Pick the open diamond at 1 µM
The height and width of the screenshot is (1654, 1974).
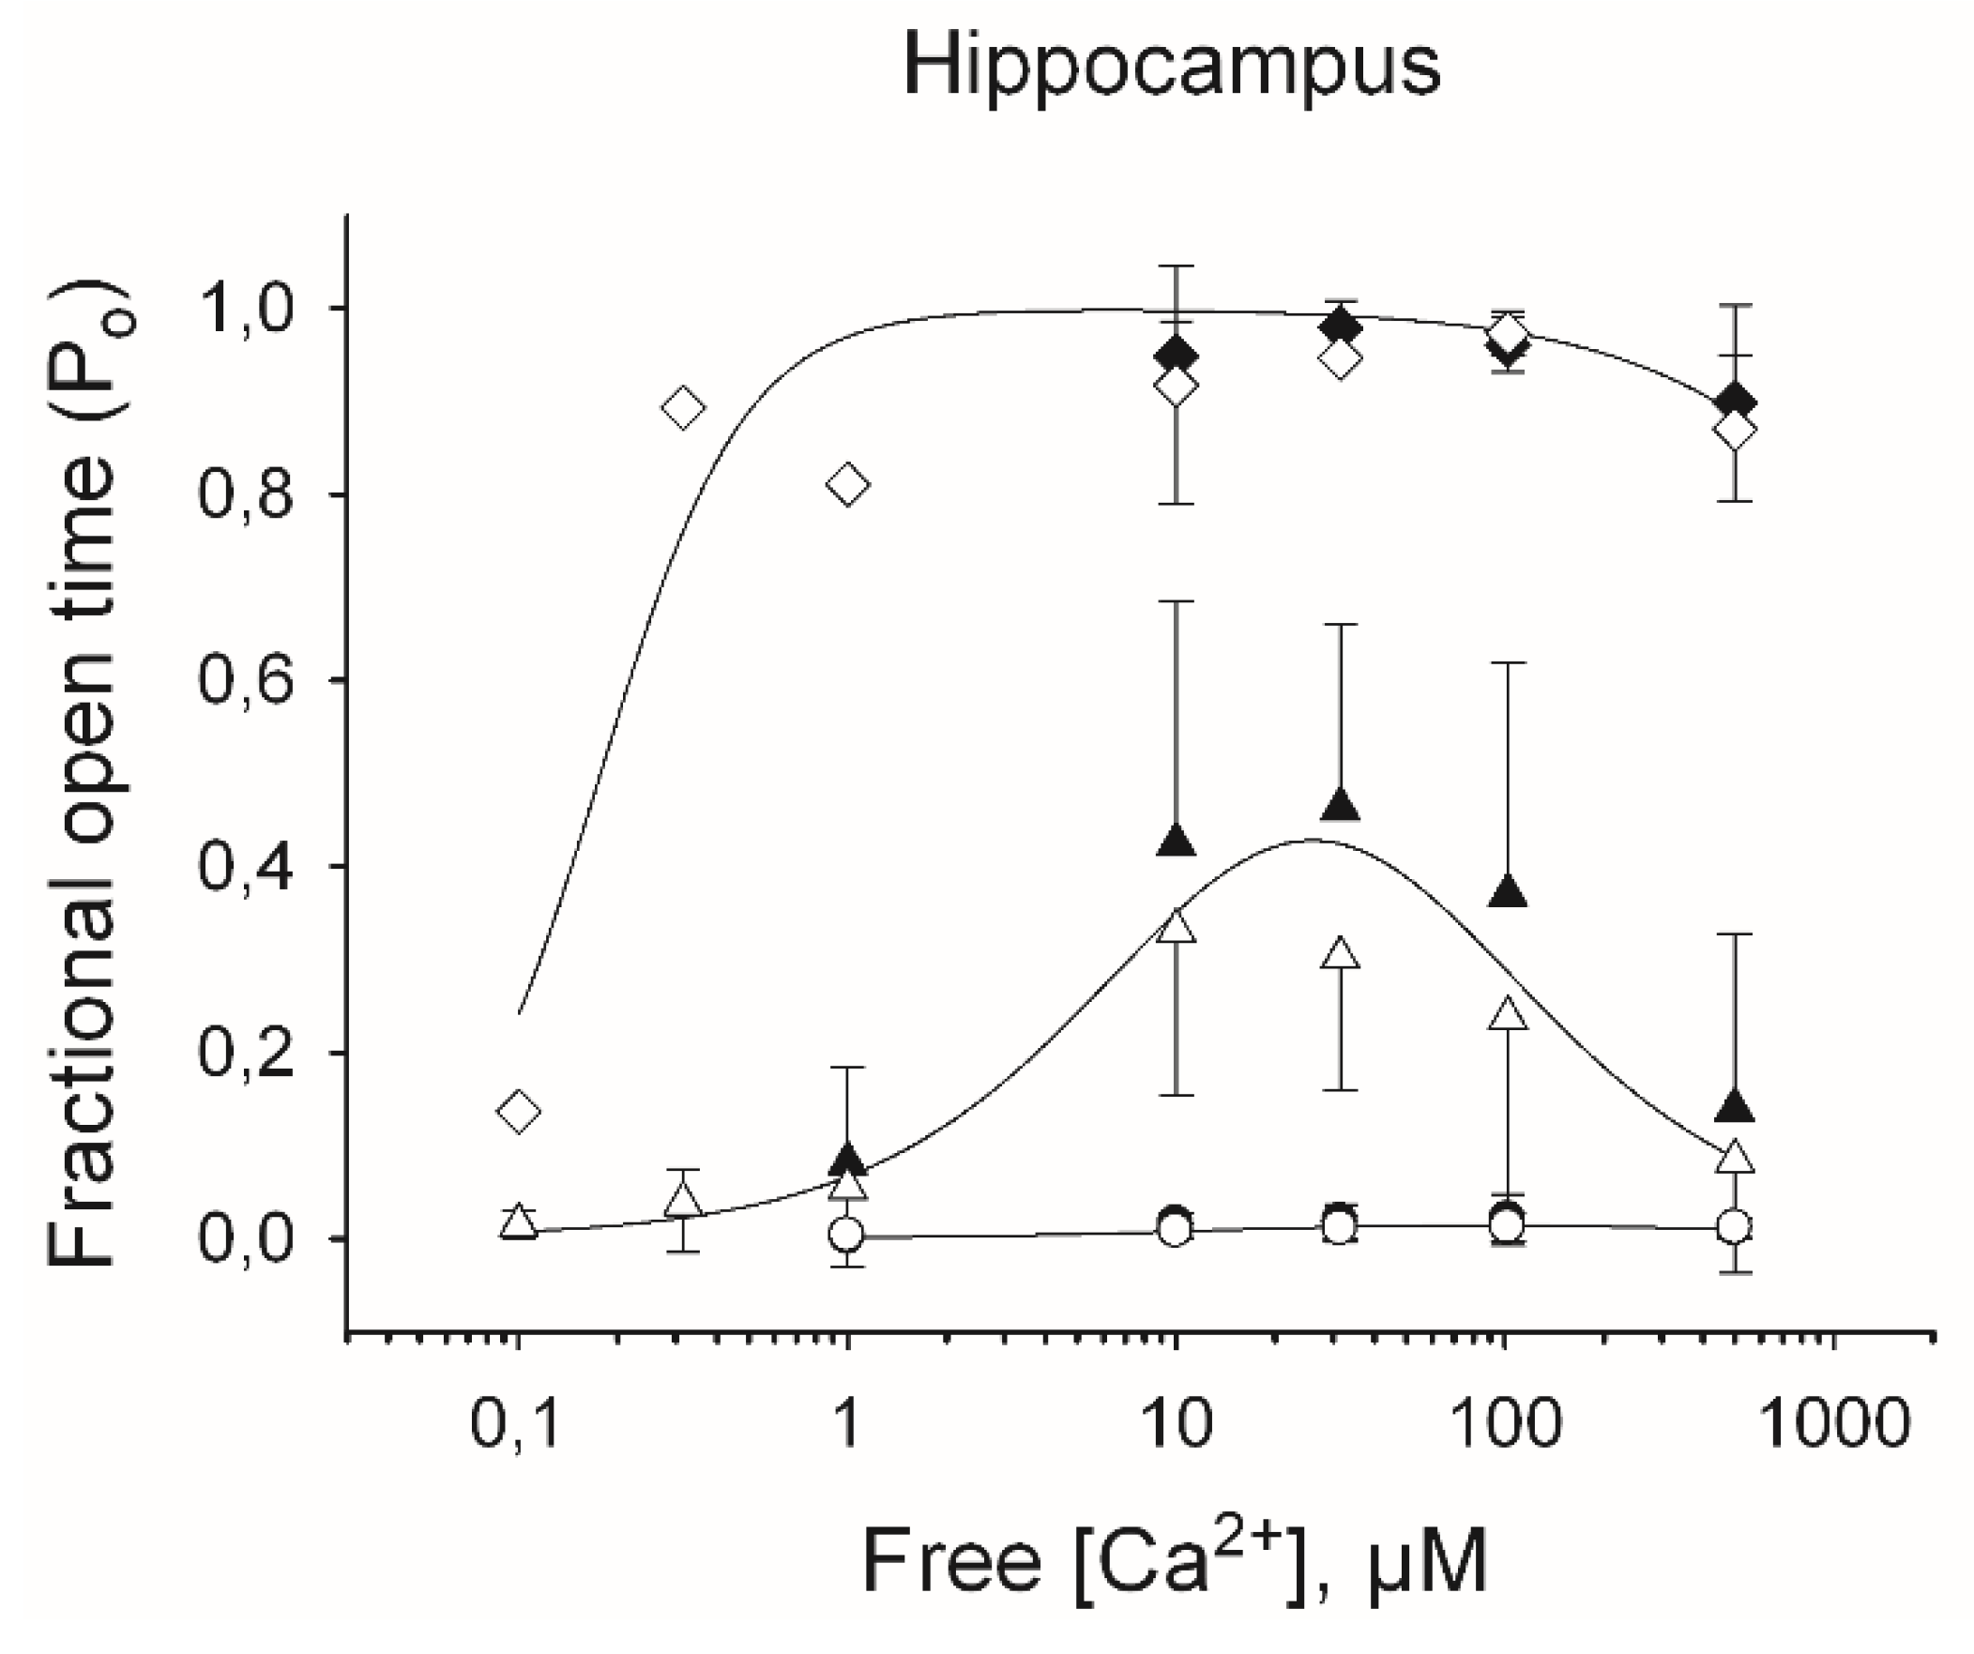coord(848,485)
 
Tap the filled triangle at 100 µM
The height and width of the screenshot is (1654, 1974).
coord(1508,891)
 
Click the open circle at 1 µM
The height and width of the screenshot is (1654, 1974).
coord(847,1233)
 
